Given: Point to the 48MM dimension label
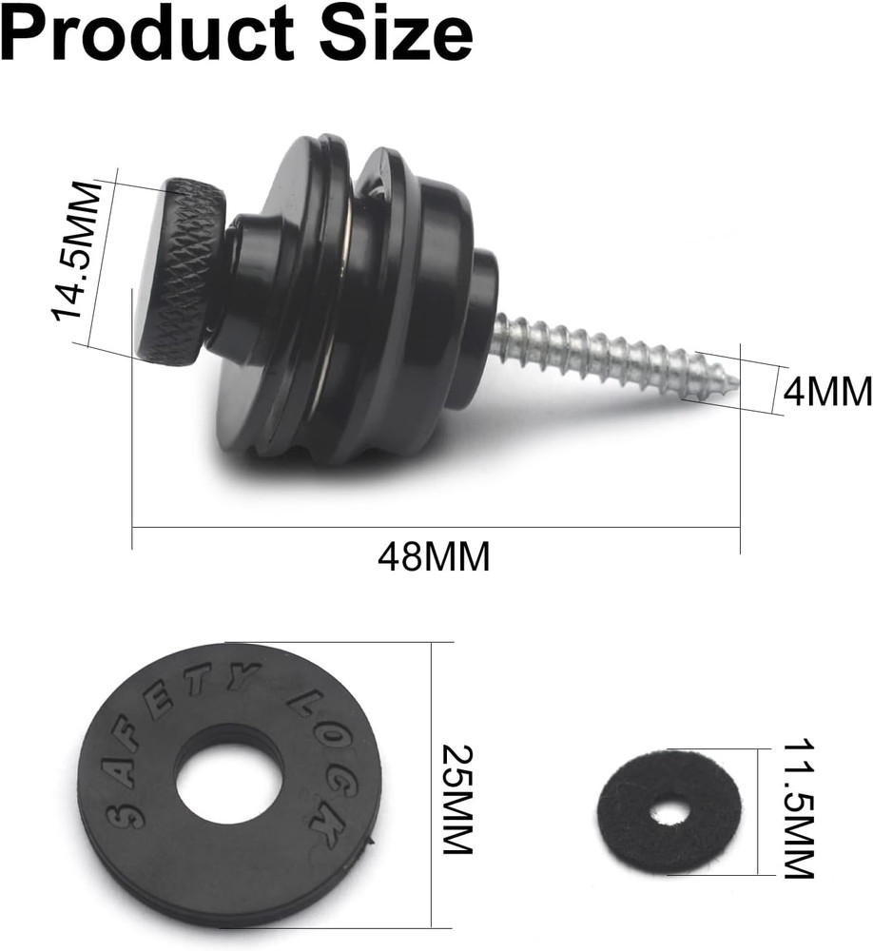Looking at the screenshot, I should (x=434, y=555).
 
